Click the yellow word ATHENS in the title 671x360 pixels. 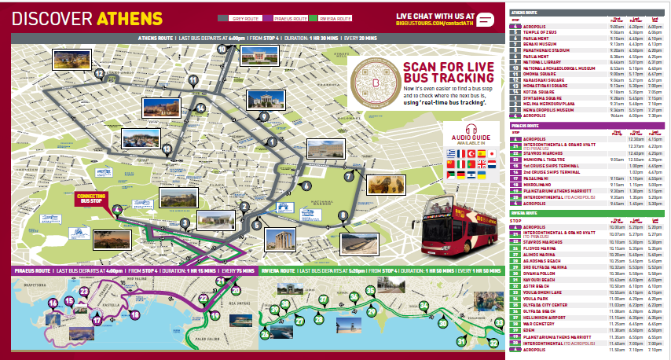[130, 18]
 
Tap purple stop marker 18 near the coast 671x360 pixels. [134, 314]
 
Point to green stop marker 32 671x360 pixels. [493, 343]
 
